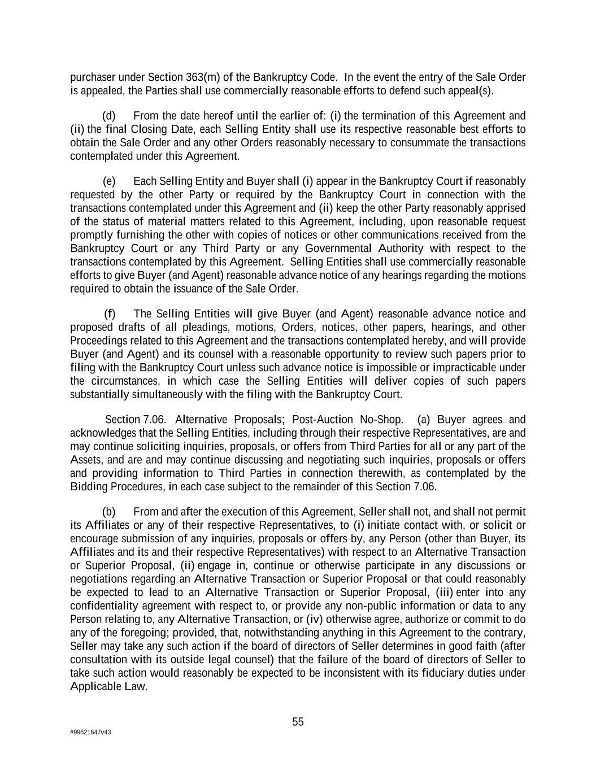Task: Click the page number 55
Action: [298, 722]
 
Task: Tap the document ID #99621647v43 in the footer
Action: [90, 733]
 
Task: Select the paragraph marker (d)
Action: [109, 116]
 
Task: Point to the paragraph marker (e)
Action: [109, 181]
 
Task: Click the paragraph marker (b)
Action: [109, 512]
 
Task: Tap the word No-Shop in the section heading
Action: [381, 420]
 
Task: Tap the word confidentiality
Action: [104, 606]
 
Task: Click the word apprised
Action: [506, 208]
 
